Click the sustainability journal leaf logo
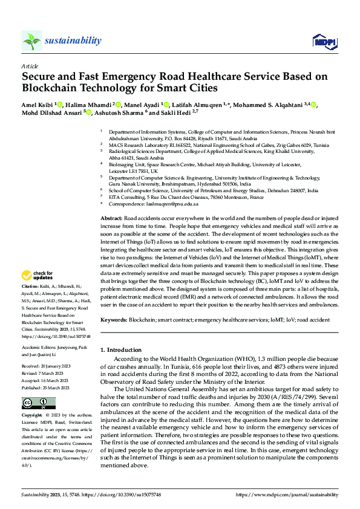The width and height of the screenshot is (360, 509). coord(31,41)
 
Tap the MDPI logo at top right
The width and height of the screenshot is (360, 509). coord(323,41)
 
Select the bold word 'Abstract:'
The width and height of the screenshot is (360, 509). coord(111,217)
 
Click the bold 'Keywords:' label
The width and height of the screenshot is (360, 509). coord(114,319)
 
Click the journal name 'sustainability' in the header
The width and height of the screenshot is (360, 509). coord(73,41)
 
